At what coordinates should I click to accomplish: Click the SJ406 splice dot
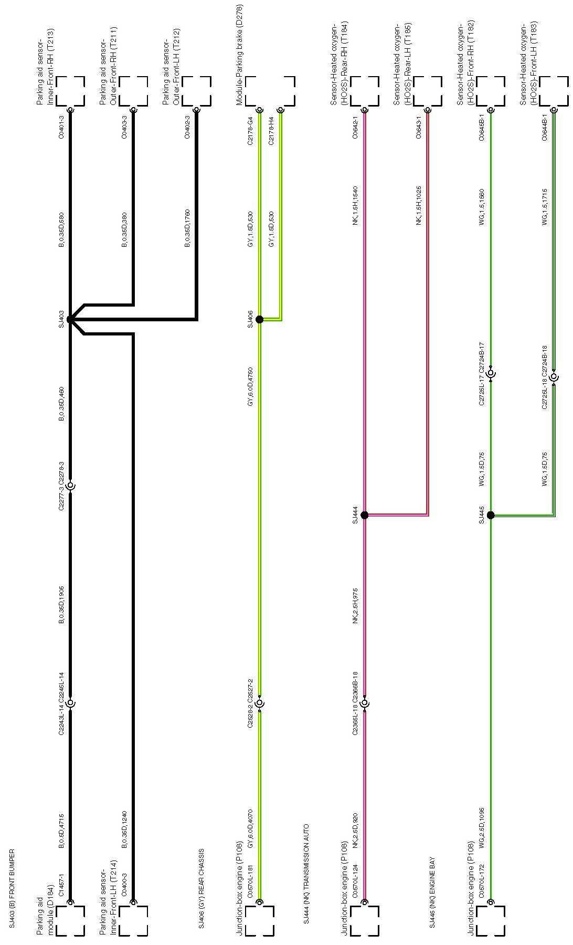click(x=259, y=319)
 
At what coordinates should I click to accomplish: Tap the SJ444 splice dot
click(x=365, y=515)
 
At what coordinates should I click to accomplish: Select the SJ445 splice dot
click(x=491, y=515)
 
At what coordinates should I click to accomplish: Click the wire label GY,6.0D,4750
click(x=250, y=387)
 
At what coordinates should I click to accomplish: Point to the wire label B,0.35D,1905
click(x=61, y=605)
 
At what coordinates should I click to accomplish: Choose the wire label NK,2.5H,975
click(x=355, y=605)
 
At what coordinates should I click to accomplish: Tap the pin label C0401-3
click(x=61, y=128)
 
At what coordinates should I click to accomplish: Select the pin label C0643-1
click(x=418, y=128)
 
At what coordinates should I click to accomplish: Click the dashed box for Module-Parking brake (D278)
click(x=270, y=91)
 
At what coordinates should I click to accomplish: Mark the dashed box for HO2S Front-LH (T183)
click(x=554, y=91)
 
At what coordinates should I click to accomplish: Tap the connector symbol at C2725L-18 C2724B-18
click(x=554, y=376)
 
